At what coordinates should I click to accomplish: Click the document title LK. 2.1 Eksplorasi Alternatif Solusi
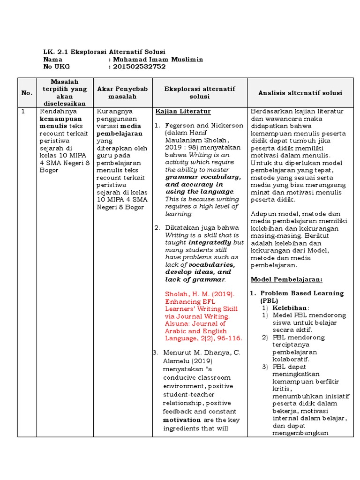point(104,52)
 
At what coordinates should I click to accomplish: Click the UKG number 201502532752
point(139,67)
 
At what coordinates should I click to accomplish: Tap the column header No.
point(27,93)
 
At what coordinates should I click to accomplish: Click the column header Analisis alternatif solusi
point(300,93)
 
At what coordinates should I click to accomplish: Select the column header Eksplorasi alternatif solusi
point(200,93)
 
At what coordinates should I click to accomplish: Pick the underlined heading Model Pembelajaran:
point(286,279)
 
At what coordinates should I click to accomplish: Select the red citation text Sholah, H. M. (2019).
point(199,294)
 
